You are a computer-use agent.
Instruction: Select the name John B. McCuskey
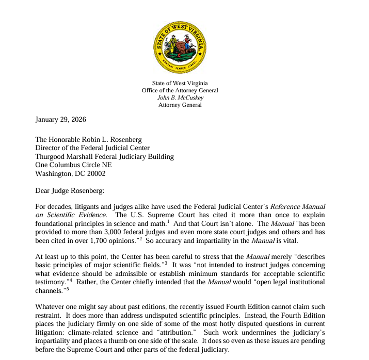[x=180, y=97]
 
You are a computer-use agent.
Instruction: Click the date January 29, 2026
[x=60, y=120]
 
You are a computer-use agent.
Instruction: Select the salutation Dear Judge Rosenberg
[x=70, y=190]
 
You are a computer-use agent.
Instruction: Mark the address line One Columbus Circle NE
[x=73, y=165]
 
